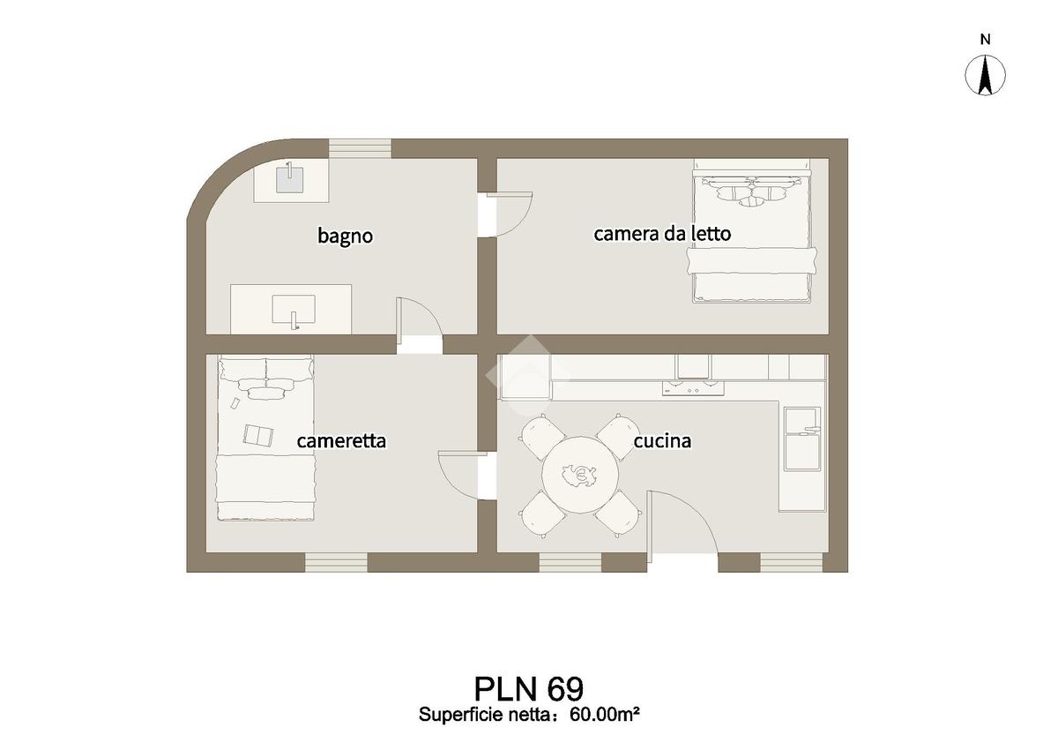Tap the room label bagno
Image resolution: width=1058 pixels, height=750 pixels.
pyautogui.click(x=346, y=236)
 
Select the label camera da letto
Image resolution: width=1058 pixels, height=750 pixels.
pyautogui.click(x=661, y=234)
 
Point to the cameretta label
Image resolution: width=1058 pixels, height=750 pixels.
pyautogui.click(x=341, y=440)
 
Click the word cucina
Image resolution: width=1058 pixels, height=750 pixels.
pyautogui.click(x=662, y=440)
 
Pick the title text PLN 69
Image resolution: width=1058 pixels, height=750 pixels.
pyautogui.click(x=528, y=688)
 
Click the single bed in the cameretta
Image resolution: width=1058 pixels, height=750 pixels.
pyautogui.click(x=266, y=437)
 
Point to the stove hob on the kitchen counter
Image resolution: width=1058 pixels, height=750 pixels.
pyautogui.click(x=693, y=387)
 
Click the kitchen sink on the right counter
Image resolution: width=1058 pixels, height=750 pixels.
pyautogui.click(x=803, y=436)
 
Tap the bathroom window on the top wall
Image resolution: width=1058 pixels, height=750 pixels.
pyautogui.click(x=360, y=147)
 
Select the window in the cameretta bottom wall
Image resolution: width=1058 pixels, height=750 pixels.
pyautogui.click(x=336, y=562)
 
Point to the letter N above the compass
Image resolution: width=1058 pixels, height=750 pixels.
pyautogui.click(x=987, y=39)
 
